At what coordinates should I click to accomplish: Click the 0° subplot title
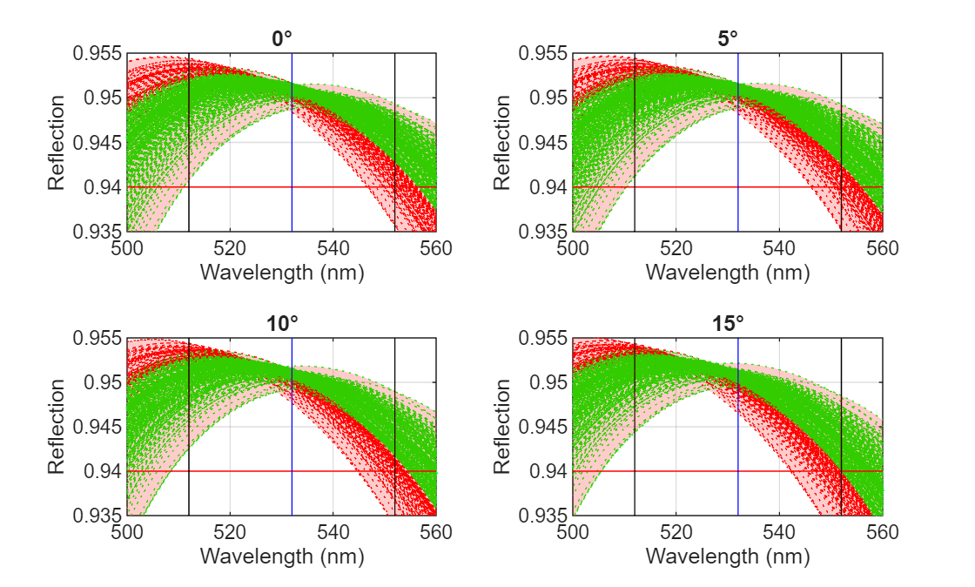281,38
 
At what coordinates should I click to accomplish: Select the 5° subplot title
728,38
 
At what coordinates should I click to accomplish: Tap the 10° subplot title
281,322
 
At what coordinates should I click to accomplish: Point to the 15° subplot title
728,322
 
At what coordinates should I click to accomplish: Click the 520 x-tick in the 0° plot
230,248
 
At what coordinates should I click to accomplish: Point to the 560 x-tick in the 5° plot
883,248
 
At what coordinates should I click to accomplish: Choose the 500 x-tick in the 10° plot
127,532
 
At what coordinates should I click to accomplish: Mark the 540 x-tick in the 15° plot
779,532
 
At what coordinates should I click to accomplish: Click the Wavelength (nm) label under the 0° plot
281,272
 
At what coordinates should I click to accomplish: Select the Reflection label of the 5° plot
502,143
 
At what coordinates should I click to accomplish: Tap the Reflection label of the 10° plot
57,427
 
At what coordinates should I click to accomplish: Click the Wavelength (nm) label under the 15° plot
728,556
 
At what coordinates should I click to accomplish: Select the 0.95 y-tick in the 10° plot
103,382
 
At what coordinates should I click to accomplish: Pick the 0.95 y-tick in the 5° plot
548,98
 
